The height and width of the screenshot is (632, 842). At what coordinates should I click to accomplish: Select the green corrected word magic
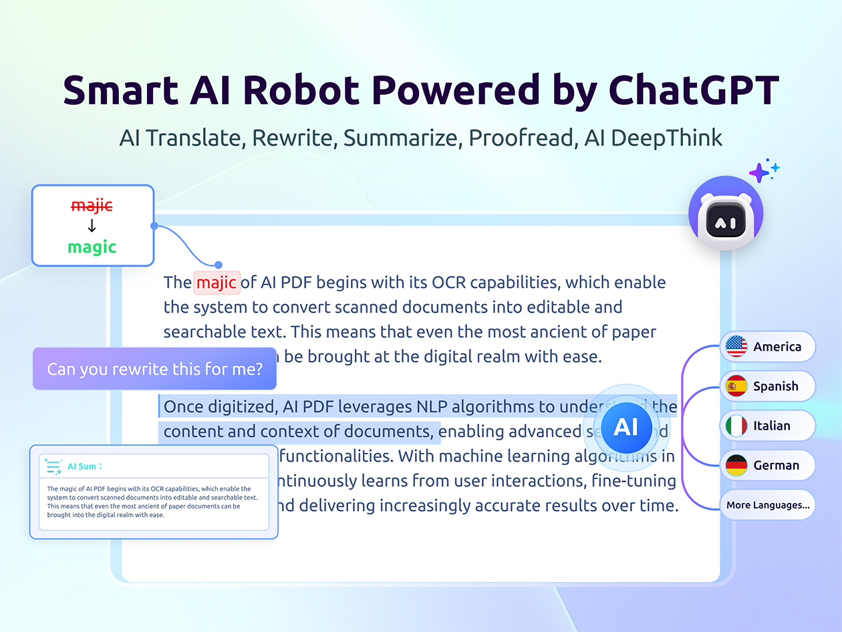pos(92,247)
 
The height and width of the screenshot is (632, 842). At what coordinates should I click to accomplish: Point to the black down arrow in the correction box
pos(92,226)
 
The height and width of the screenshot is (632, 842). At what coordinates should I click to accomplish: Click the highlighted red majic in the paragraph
pos(217,283)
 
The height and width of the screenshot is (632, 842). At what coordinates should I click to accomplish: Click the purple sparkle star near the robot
pos(760,173)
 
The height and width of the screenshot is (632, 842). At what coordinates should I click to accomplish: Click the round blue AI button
pos(625,426)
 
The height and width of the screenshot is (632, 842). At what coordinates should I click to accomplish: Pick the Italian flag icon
pos(736,426)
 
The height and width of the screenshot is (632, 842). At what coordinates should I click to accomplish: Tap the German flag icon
pos(736,465)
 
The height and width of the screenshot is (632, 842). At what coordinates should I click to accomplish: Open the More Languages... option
pos(768,505)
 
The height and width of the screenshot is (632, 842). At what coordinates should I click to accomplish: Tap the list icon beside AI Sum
pos(53,466)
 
